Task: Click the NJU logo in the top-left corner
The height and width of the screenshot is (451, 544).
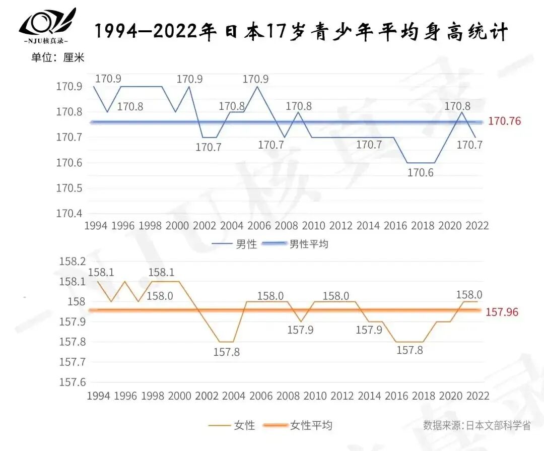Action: point(47,25)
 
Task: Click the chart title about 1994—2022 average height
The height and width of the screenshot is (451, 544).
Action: point(301,32)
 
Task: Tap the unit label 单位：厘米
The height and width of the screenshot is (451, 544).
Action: point(57,57)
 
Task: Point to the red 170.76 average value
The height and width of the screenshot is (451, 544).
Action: point(504,121)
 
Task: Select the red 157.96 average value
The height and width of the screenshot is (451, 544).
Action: point(502,312)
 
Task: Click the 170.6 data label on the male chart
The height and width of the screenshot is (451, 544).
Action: point(421,173)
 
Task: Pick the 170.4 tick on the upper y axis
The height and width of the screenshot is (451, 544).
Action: point(69,213)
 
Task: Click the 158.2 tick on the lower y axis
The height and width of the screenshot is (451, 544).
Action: point(73,262)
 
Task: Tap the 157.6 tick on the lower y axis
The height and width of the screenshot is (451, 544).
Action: point(73,382)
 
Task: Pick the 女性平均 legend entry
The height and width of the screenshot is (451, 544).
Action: point(311,426)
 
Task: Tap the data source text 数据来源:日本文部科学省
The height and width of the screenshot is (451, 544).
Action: point(477,425)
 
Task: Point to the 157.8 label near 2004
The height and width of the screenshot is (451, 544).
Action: point(227,352)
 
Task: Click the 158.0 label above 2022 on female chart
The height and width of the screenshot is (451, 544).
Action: point(469,295)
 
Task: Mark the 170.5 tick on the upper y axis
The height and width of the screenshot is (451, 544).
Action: point(69,188)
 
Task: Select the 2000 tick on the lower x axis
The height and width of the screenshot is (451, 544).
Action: point(179,396)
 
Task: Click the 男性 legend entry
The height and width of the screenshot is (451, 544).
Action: point(246,244)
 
